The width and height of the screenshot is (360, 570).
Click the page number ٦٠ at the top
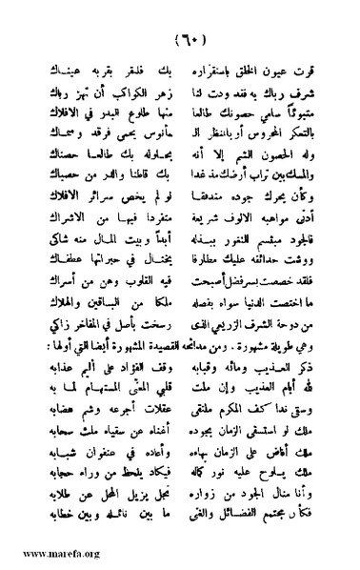[x=180, y=41]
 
